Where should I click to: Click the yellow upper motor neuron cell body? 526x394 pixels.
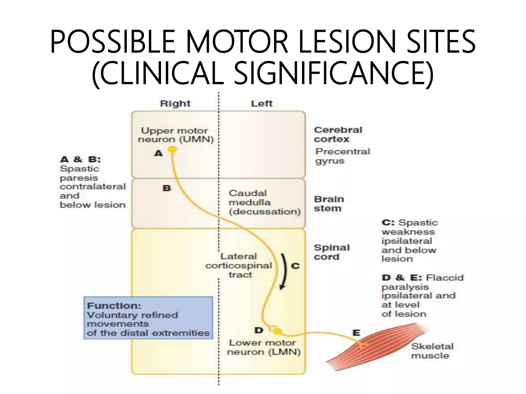[172, 149]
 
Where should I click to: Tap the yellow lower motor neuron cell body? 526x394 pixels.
[277, 331]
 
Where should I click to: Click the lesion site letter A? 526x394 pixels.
[158, 153]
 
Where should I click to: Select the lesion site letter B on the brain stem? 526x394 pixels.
[167, 188]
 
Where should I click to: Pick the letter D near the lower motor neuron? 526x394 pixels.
[259, 330]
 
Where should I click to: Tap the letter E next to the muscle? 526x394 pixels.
[356, 333]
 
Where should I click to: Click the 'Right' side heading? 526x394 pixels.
[175, 104]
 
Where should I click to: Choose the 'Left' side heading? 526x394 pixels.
[261, 104]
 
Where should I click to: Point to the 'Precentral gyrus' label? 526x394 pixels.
[342, 156]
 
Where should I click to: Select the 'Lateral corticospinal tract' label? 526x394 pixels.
[239, 265]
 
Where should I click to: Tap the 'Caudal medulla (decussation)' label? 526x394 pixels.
[265, 202]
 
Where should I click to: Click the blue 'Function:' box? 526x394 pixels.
[148, 318]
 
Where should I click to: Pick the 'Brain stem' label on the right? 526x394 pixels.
[329, 204]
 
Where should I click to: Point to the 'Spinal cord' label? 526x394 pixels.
[332, 252]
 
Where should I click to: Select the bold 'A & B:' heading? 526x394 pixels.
[80, 159]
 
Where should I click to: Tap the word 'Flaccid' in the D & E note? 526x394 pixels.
[445, 278]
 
